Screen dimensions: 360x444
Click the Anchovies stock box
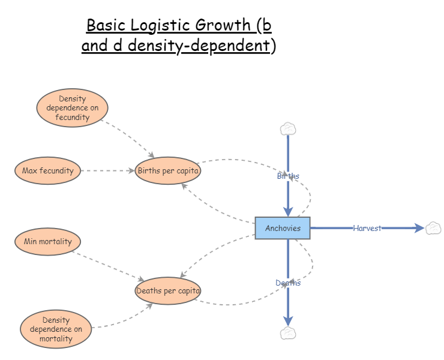[x=283, y=228]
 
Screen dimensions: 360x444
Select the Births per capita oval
[x=168, y=170]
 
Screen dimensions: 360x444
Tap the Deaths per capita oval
[x=168, y=291]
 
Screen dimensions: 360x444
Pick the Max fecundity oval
[x=47, y=170]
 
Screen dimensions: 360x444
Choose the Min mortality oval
[x=47, y=242]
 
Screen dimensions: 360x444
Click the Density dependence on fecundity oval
[x=72, y=108]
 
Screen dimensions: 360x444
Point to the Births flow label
[x=288, y=176]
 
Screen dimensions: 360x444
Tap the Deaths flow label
[x=288, y=283]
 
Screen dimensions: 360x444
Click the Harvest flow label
[x=367, y=228]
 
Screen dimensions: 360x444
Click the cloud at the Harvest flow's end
[x=433, y=228]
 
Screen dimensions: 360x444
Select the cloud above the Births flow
[x=288, y=128]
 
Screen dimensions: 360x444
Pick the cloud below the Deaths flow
[x=288, y=334]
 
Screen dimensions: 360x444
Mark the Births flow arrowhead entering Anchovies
[x=288, y=211]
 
